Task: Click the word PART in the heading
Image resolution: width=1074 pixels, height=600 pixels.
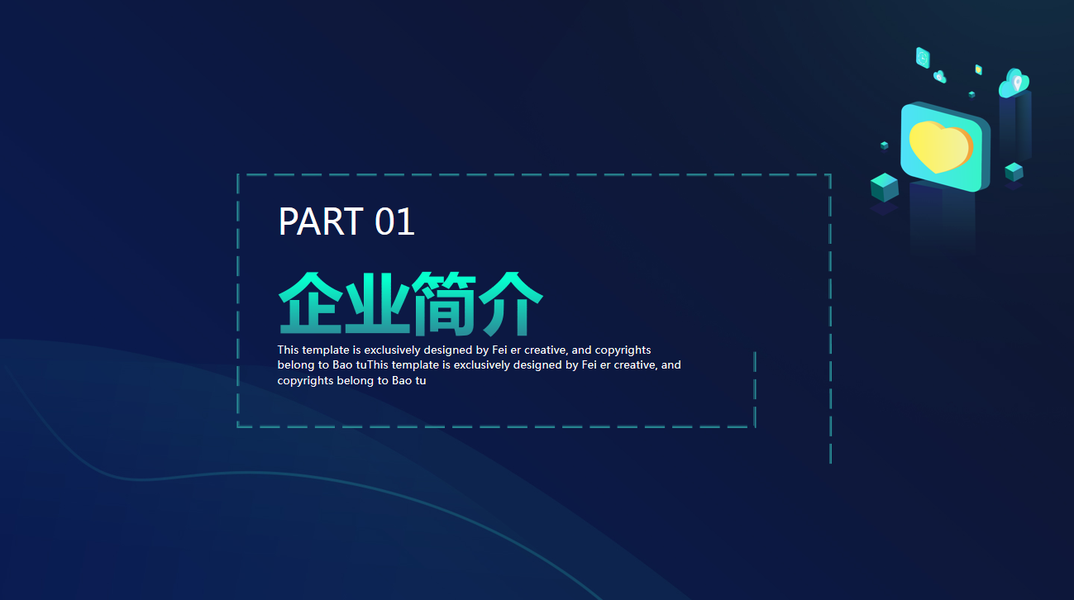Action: click(320, 222)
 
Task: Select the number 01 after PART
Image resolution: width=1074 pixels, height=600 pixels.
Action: click(395, 222)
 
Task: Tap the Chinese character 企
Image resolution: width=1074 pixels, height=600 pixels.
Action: click(311, 303)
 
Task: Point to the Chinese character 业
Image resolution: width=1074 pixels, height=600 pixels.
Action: click(377, 303)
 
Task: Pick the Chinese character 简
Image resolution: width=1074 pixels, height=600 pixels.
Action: click(444, 303)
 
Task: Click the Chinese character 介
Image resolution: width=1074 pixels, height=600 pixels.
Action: click(510, 303)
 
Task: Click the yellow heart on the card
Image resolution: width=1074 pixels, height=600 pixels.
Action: click(940, 147)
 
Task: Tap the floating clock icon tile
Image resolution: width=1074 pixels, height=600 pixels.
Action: click(923, 58)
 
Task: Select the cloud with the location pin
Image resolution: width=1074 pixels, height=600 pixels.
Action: click(1014, 83)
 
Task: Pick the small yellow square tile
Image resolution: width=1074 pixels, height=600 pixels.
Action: click(979, 69)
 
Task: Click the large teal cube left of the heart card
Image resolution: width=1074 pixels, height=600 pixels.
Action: click(884, 187)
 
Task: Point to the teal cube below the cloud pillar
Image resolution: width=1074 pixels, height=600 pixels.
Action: click(1014, 171)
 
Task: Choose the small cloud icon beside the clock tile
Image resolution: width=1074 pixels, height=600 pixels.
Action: click(940, 77)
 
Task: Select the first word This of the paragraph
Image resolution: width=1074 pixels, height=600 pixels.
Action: click(288, 350)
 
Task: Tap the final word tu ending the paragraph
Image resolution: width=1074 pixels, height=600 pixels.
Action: click(420, 381)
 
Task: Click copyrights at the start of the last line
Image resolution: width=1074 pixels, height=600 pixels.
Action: click(305, 382)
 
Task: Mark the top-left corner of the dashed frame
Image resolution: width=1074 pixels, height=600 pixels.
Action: click(238, 175)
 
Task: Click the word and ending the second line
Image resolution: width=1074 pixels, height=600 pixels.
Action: click(671, 365)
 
